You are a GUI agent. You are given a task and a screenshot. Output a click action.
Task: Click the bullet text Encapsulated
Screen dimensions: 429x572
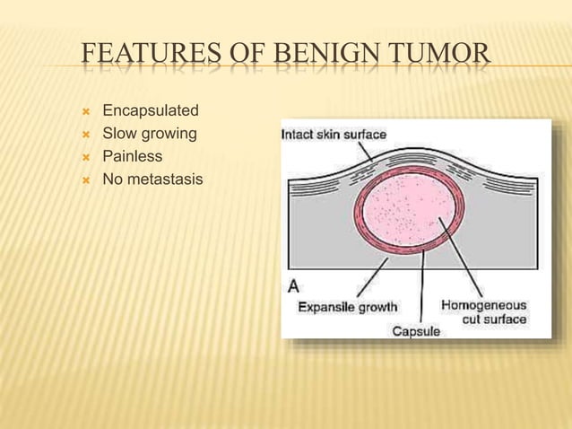coord(151,112)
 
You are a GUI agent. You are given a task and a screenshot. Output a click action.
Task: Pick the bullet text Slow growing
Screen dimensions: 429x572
coord(150,135)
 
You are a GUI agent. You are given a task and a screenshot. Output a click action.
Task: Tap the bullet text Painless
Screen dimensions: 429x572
coord(133,157)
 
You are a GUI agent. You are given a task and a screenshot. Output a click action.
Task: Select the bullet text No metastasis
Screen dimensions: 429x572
coord(152,180)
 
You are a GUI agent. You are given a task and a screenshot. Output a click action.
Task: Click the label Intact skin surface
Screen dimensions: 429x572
coord(334,135)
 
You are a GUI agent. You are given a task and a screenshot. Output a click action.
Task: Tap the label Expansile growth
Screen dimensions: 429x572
coord(347,307)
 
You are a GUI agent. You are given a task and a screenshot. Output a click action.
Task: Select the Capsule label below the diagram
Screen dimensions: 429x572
coord(416,331)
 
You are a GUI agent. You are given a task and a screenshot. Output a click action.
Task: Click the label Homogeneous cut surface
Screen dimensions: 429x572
coord(484,311)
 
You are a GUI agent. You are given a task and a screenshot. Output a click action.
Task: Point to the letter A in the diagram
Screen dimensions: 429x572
coord(293,286)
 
